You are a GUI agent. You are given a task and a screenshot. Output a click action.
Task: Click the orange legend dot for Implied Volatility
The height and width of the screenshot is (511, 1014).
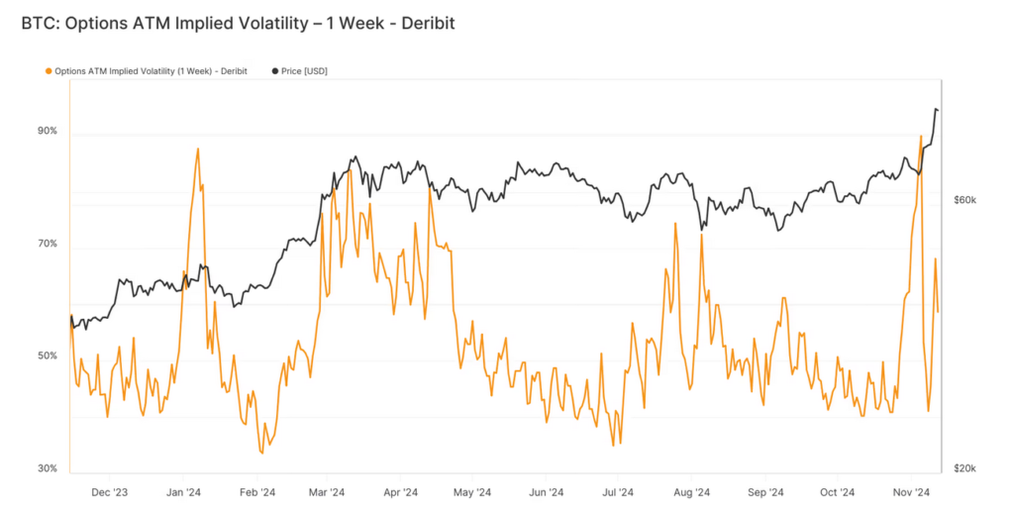click(49, 71)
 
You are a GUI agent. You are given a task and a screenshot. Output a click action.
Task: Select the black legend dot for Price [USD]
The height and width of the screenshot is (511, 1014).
click(274, 71)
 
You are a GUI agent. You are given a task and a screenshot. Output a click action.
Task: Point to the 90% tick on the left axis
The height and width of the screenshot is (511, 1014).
click(48, 131)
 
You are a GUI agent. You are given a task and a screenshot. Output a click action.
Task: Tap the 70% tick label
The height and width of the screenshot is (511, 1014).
click(48, 244)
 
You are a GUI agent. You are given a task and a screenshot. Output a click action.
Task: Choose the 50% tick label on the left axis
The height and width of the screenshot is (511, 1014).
click(48, 356)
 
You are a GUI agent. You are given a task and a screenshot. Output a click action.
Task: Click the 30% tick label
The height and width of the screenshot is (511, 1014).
click(48, 468)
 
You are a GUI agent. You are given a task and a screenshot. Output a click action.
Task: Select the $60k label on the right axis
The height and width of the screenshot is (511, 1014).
click(964, 200)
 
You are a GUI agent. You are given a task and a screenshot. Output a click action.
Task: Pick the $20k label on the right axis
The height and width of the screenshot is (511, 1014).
click(964, 468)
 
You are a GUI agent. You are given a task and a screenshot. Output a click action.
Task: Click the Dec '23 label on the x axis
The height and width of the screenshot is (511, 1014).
click(109, 491)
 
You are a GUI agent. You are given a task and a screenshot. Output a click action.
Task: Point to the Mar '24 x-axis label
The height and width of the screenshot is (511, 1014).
click(326, 491)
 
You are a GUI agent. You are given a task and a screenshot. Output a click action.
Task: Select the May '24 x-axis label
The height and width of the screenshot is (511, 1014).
click(471, 491)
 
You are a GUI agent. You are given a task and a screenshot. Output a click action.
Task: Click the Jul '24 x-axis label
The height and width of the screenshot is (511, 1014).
click(617, 491)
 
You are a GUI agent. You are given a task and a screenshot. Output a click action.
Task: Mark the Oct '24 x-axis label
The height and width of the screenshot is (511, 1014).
click(837, 491)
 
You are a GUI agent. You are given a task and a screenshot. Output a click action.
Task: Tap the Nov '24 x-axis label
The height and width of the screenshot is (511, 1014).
click(909, 491)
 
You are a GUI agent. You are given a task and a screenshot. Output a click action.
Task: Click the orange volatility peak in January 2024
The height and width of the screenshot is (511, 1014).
click(198, 150)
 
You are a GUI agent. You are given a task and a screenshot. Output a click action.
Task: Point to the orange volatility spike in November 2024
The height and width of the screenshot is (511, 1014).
click(921, 137)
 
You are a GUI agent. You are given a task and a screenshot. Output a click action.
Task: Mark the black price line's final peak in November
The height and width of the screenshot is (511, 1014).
click(936, 109)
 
